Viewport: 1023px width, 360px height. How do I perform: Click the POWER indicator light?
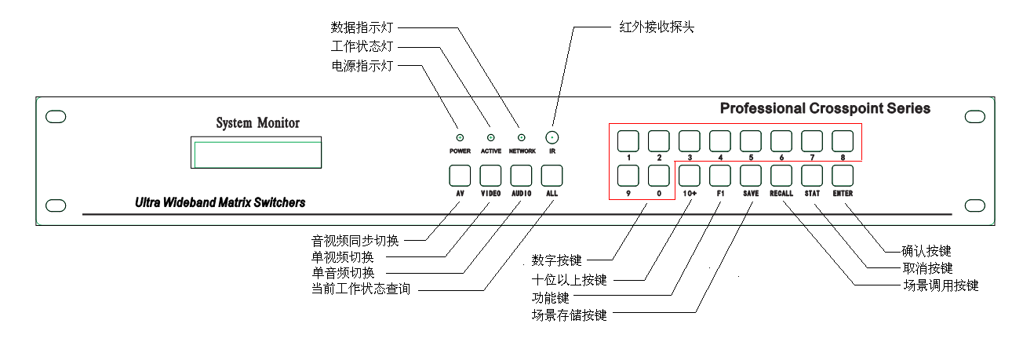click(460, 138)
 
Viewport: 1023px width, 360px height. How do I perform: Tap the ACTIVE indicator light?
click(490, 138)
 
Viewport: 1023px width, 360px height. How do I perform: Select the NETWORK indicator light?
click(522, 138)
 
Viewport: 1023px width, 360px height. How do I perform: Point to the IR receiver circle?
click(552, 137)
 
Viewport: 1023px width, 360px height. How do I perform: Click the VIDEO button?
click(490, 175)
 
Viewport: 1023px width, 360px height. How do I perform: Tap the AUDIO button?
click(522, 175)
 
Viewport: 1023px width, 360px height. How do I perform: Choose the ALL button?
click(552, 175)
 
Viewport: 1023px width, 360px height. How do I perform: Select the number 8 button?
click(843, 141)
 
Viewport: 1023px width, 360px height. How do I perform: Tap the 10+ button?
click(690, 175)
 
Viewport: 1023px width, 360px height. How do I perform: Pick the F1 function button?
click(720, 175)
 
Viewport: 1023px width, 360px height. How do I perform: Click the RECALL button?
click(781, 175)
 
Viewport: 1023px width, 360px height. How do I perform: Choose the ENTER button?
click(843, 175)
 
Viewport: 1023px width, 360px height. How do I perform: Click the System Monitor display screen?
click(257, 151)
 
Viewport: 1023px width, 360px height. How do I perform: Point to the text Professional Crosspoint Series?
click(825, 108)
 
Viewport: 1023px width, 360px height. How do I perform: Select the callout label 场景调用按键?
click(941, 286)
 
